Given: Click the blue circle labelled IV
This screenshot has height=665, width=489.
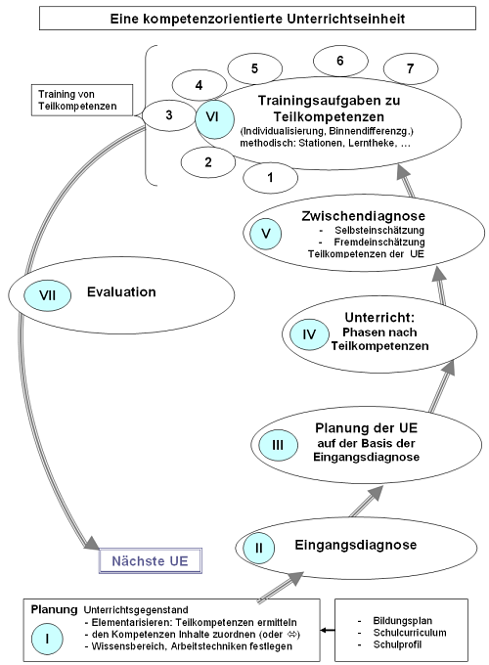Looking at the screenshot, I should coord(308,334).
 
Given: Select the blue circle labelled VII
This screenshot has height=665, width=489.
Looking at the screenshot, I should coord(45,291).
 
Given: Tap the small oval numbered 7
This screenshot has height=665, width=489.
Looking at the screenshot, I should coord(409,68).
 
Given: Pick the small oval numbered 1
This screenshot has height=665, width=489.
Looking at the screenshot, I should coord(270,177).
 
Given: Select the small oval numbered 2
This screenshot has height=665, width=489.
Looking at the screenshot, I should coord(207,162).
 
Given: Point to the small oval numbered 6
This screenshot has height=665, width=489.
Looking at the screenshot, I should coord(339,61).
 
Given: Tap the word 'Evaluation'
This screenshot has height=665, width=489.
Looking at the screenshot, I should coord(121,291).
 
